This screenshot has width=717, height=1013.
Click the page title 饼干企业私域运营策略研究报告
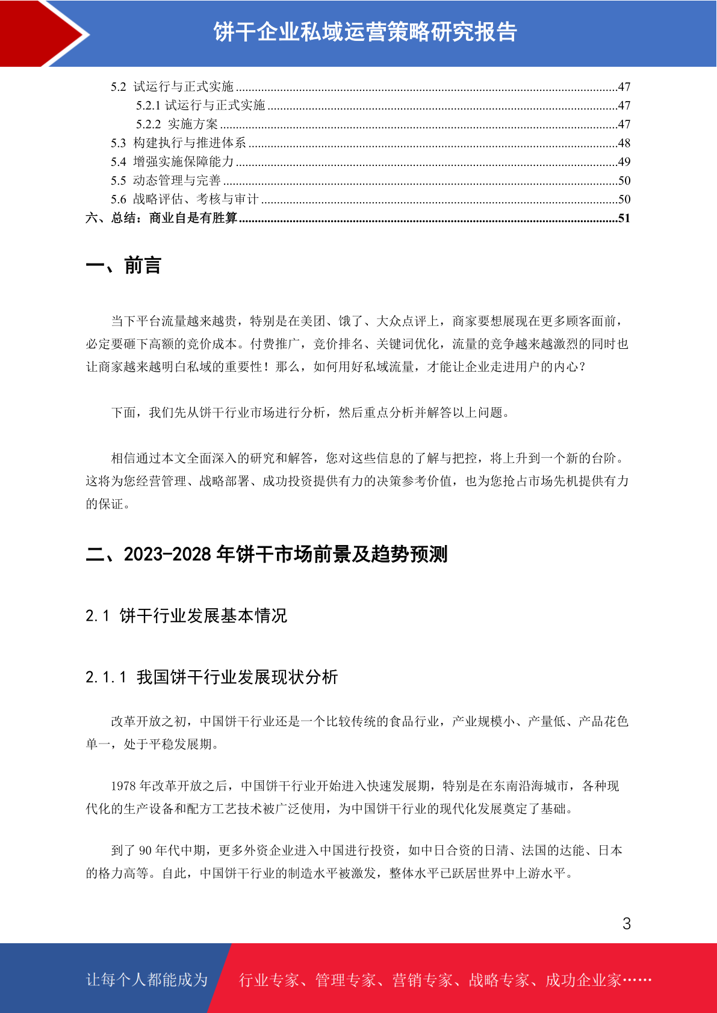pyautogui.click(x=365, y=32)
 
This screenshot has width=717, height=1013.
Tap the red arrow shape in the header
pyautogui.click(x=45, y=33)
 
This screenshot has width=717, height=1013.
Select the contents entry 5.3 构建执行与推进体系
pyautogui.click(x=178, y=143)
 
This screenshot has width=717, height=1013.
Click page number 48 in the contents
pyautogui.click(x=624, y=143)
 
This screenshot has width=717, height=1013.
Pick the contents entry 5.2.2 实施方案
pyautogui.click(x=177, y=125)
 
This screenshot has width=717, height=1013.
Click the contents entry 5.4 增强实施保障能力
pyautogui.click(x=172, y=162)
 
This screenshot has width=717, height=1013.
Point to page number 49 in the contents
pyautogui.click(x=624, y=162)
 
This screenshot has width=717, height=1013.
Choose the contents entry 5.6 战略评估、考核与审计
pyautogui.click(x=184, y=199)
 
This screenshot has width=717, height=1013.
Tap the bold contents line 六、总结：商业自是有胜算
pyautogui.click(x=161, y=218)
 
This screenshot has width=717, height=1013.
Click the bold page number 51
pyautogui.click(x=624, y=218)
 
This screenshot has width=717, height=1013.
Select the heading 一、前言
pyautogui.click(x=123, y=265)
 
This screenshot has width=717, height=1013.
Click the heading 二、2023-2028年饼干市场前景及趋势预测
pyautogui.click(x=267, y=554)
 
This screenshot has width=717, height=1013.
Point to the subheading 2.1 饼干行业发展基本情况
pyautogui.click(x=186, y=615)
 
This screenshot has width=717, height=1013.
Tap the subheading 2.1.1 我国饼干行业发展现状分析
pyautogui.click(x=211, y=677)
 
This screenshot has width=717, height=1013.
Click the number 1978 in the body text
pyautogui.click(x=123, y=786)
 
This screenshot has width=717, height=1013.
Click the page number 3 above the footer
pyautogui.click(x=626, y=923)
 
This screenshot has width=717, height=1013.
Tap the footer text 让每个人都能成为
pyautogui.click(x=147, y=979)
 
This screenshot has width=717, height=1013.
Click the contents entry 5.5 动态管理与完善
pyautogui.click(x=166, y=180)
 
